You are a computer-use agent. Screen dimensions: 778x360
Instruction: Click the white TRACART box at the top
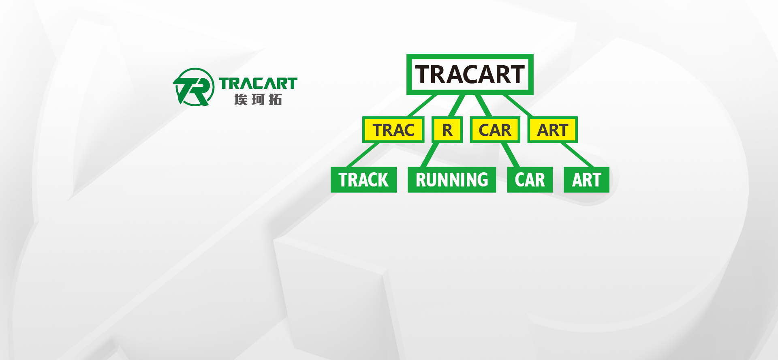[x=470, y=75]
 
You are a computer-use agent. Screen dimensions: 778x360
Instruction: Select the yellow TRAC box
[x=393, y=130]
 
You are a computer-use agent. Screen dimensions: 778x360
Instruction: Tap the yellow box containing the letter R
[x=447, y=130]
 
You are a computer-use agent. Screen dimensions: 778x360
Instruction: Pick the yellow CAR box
[x=495, y=130]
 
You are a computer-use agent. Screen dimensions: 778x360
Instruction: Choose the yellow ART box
[x=552, y=130]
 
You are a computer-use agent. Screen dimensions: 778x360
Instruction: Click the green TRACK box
[x=363, y=180]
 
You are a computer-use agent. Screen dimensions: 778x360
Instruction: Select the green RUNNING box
[x=452, y=180]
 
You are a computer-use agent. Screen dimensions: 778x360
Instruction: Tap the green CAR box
[x=530, y=180]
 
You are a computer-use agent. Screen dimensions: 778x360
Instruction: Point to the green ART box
[x=586, y=180]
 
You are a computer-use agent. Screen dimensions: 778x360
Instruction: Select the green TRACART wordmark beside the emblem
[x=258, y=83]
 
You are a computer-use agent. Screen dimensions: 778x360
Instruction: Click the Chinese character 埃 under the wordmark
[x=241, y=99]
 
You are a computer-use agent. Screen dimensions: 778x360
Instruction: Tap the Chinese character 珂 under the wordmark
[x=258, y=99]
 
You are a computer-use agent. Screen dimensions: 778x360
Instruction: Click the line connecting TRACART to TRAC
[x=422, y=106]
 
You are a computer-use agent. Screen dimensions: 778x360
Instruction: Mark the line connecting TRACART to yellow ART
[x=518, y=106]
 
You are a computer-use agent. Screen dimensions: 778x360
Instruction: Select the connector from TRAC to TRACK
[x=363, y=155]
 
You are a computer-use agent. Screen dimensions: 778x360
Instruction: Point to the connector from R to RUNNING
[x=430, y=155]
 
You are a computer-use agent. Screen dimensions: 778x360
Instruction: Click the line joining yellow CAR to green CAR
[x=510, y=155]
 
